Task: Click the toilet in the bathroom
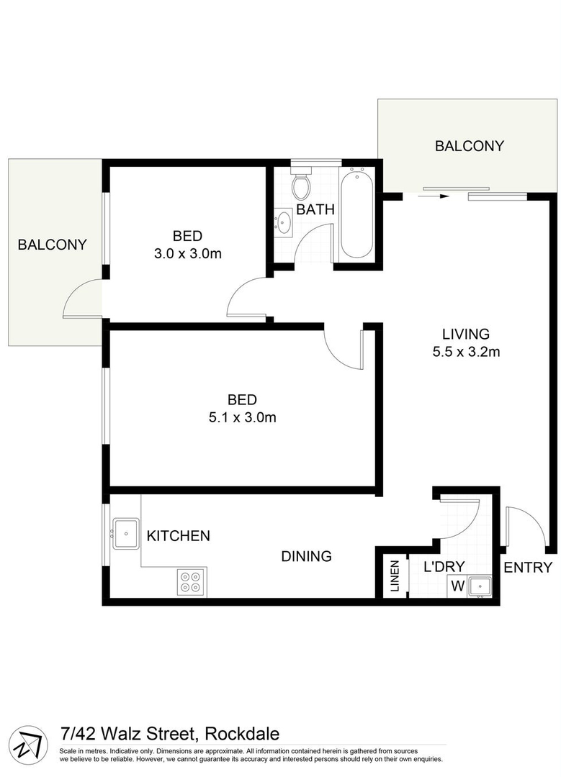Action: (x=301, y=186)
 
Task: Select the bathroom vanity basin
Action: (x=284, y=222)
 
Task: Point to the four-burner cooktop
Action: (x=192, y=581)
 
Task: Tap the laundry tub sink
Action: (x=479, y=586)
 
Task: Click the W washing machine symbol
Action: (x=457, y=586)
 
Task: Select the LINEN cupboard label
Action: (x=395, y=576)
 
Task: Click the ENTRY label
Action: (x=528, y=567)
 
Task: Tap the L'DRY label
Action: (x=444, y=566)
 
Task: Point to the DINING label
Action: (x=306, y=556)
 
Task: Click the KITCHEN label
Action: (x=179, y=536)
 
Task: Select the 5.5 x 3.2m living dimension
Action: (x=465, y=353)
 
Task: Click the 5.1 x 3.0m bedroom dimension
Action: (x=242, y=417)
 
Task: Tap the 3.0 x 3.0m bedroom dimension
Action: (x=187, y=253)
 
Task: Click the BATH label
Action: (x=315, y=210)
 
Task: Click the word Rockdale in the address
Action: (x=242, y=735)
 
